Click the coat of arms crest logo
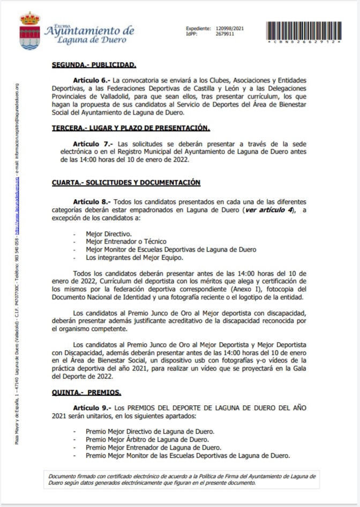coord(30,31)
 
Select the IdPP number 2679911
coord(225,34)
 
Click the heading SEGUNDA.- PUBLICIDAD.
coord(94,65)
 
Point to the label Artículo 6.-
coord(92,79)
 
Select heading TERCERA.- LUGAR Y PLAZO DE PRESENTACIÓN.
coord(131,128)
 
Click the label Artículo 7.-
coord(92,144)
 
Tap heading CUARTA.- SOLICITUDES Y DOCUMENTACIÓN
coord(126,183)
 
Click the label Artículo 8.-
coord(92,202)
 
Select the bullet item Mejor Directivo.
coord(109,234)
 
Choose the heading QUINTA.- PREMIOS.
coord(86,391)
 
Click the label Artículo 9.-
coord(92,407)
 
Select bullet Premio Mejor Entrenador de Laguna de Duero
coord(153,448)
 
